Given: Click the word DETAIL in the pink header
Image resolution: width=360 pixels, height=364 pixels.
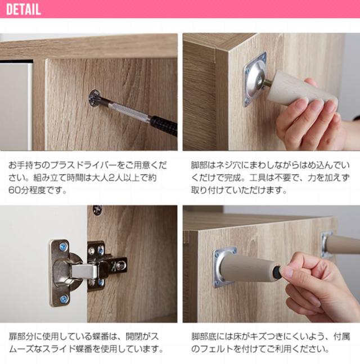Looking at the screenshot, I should pos(23,10).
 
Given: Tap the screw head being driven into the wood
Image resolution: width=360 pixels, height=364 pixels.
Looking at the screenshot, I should pos(94,101).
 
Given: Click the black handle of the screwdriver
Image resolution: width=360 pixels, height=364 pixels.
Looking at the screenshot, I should pos(163,124).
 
